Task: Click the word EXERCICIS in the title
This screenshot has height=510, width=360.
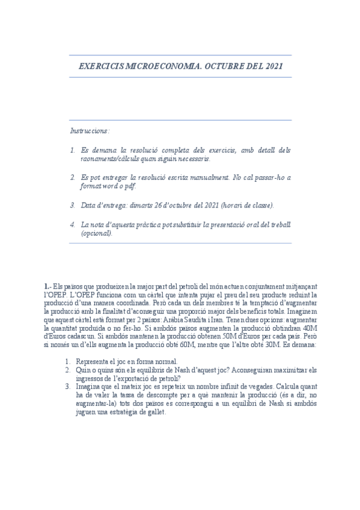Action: click(x=100, y=66)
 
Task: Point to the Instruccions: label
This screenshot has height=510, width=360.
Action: click(x=90, y=131)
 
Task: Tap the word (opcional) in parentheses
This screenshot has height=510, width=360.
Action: click(x=97, y=233)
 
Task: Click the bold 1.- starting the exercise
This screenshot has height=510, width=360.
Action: click(x=48, y=286)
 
